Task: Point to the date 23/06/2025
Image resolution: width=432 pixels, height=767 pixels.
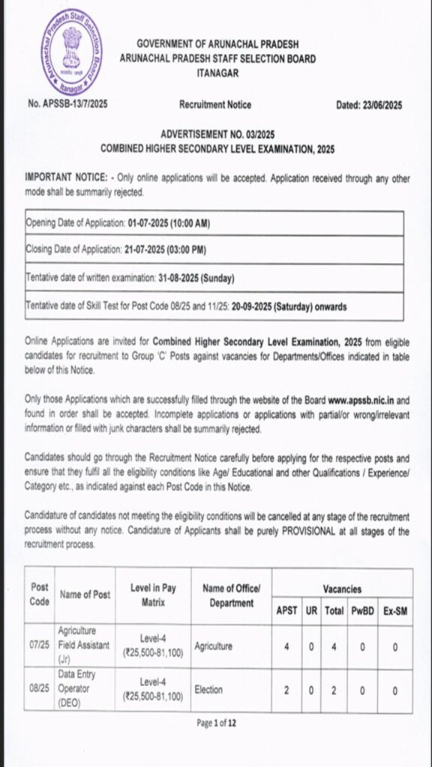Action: click(379, 106)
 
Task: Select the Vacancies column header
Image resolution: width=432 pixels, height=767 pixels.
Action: click(342, 589)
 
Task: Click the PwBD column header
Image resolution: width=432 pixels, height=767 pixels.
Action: click(362, 611)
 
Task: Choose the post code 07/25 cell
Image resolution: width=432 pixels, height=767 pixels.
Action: click(40, 646)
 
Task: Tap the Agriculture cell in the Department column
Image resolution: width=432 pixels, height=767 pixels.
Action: click(214, 646)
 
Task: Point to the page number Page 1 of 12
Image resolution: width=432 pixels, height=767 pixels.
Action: click(216, 723)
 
